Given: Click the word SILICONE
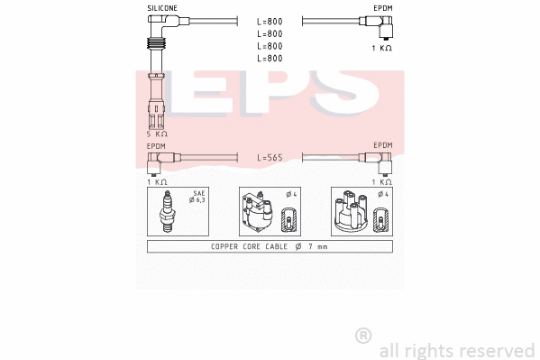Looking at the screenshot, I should tap(162, 7).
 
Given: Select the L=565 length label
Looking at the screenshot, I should tap(270, 158).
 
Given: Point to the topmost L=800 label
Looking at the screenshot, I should tap(270, 20).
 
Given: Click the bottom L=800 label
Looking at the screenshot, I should tap(270, 59).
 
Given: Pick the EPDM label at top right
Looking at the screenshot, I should tap(383, 7).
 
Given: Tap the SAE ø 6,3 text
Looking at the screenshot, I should tap(199, 197).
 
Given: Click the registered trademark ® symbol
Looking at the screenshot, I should tap(363, 336).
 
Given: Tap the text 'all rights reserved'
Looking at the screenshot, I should tap(456, 350).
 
